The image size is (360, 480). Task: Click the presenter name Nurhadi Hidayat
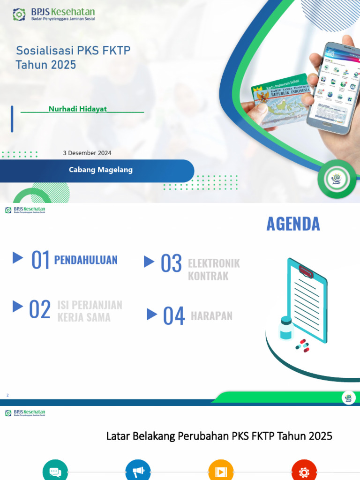78,109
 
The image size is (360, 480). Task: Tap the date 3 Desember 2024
87,153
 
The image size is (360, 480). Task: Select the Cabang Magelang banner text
101,170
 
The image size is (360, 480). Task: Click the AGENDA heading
293,224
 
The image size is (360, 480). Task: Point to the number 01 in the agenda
40,260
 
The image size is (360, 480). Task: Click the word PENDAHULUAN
86,260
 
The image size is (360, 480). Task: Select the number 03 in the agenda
171,263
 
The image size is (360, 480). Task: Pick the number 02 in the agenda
39,310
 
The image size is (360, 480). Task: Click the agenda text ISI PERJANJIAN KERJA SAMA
90,311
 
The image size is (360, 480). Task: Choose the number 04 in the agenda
174,316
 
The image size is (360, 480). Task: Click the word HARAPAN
211,316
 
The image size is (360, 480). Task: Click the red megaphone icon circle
138,471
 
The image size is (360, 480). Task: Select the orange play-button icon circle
220,471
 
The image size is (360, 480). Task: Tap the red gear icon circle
304,471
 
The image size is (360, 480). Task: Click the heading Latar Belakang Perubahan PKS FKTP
219,436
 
